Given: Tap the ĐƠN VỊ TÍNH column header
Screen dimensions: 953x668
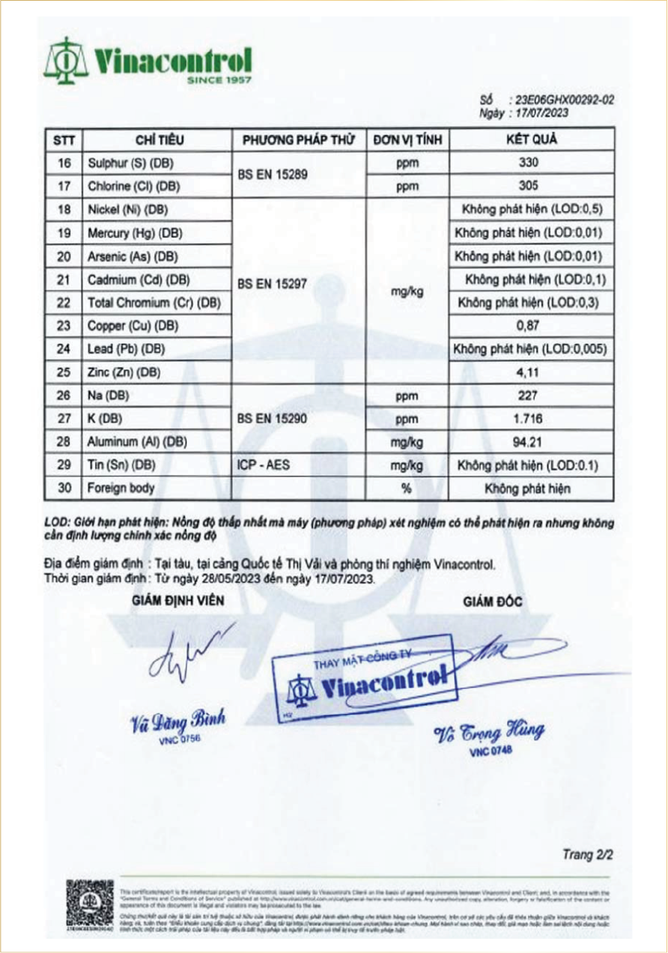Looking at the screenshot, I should coord(407,140).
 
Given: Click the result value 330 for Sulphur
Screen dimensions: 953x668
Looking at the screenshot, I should coord(529,163).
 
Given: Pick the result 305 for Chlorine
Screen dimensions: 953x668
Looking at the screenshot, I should coord(529,186).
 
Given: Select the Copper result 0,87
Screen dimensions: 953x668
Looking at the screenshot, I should coord(529,326).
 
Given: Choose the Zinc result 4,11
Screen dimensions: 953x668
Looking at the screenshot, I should coord(529,372).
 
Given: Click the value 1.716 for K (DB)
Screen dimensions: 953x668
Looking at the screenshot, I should coord(529,419).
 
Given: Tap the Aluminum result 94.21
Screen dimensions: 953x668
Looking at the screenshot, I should coord(529,442).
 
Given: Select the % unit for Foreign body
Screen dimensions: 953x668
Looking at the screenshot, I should coord(407,488).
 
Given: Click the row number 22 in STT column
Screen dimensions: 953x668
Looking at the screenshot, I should coord(64,303).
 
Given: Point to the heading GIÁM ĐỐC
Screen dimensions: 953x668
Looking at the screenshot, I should coord(493,602).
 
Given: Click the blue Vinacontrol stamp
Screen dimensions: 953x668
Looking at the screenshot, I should coord(362,680).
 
